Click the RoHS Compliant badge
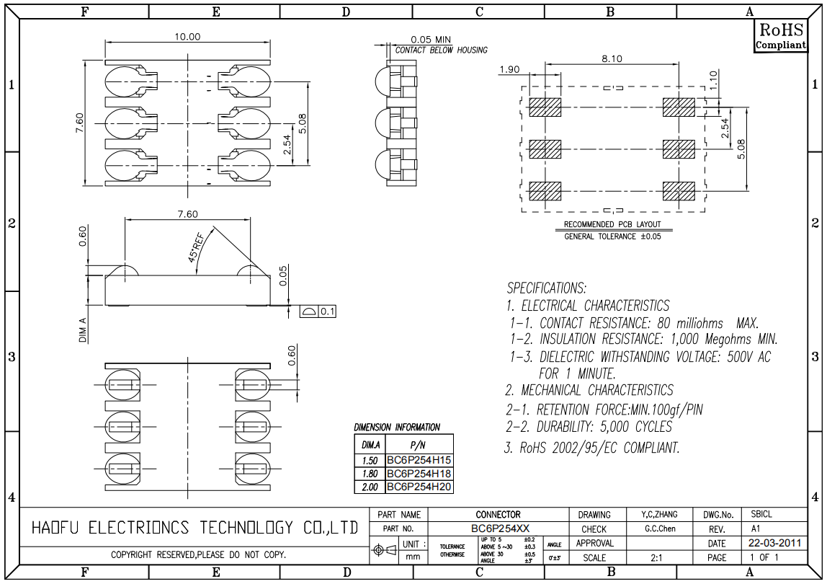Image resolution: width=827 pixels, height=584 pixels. pyautogui.click(x=780, y=35)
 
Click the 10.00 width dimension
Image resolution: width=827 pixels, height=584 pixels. pyautogui.click(x=188, y=37)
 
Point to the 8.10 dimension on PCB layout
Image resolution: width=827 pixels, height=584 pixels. pyautogui.click(x=612, y=59)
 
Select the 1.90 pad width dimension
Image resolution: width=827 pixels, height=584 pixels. pyautogui.click(x=509, y=69)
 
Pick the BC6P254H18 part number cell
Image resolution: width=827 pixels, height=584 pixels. pyautogui.click(x=419, y=474)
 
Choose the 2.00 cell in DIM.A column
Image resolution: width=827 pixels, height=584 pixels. pyautogui.click(x=370, y=487)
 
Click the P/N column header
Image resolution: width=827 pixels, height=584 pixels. pyautogui.click(x=419, y=446)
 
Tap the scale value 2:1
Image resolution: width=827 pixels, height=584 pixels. pyautogui.click(x=657, y=557)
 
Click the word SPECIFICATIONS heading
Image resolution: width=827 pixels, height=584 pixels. pyautogui.click(x=547, y=288)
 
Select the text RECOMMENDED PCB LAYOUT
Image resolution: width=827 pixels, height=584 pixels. pyautogui.click(x=612, y=224)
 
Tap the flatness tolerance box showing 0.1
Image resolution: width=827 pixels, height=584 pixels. pyautogui.click(x=318, y=311)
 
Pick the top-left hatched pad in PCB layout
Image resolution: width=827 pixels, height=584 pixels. pyautogui.click(x=545, y=107)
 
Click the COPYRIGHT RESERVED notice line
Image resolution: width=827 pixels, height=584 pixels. pyautogui.click(x=198, y=555)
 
